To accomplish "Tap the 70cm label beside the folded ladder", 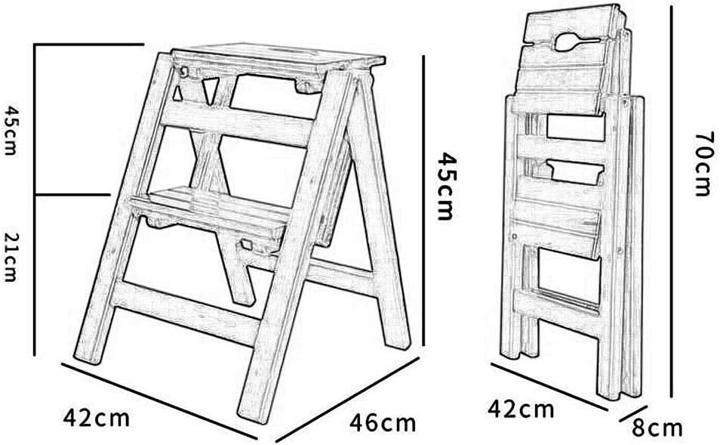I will click(x=703, y=162).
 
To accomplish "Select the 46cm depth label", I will click(x=382, y=422).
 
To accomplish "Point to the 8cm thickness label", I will click(x=657, y=428).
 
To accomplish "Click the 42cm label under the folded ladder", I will click(x=521, y=410).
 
